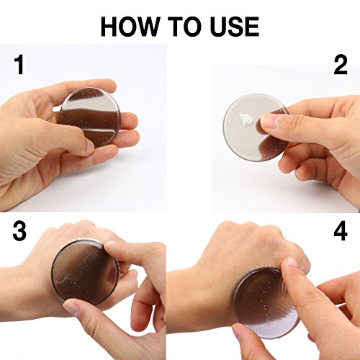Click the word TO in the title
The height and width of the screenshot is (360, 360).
pos(185,27)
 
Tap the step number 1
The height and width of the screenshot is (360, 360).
pos(19,65)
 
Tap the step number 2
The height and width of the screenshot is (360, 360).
pos(341,65)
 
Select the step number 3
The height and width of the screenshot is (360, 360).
pos(19,231)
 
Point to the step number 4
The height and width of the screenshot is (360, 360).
pos(341,231)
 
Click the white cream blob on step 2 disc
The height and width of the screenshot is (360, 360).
pos(246,120)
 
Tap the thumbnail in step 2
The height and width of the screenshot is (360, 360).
pos(267,121)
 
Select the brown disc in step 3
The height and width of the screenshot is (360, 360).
pos(85,273)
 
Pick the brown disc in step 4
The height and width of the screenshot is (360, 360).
pos(266,303)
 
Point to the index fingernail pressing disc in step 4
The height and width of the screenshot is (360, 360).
pos(292,262)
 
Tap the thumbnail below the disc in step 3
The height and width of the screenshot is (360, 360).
pos(71,307)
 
